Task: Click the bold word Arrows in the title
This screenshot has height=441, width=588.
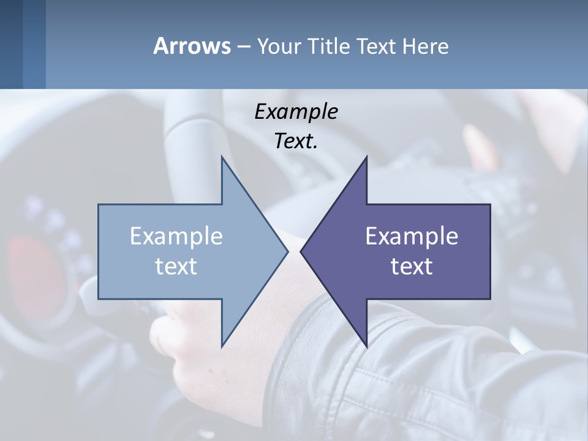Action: point(192,47)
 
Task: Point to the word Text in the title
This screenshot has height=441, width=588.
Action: point(377,47)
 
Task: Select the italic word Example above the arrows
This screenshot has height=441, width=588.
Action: point(296,112)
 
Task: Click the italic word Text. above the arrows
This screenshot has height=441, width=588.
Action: point(296,141)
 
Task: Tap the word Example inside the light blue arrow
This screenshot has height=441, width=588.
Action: point(176,236)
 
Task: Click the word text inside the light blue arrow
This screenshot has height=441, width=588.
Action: point(176,266)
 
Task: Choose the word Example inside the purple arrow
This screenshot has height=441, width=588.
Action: point(412,236)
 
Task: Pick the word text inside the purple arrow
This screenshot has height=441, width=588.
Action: point(412,266)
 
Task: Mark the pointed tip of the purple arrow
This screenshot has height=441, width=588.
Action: point(301,252)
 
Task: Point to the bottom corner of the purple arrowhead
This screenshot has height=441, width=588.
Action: point(366,346)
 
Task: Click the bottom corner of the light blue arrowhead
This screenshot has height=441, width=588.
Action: point(222,346)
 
